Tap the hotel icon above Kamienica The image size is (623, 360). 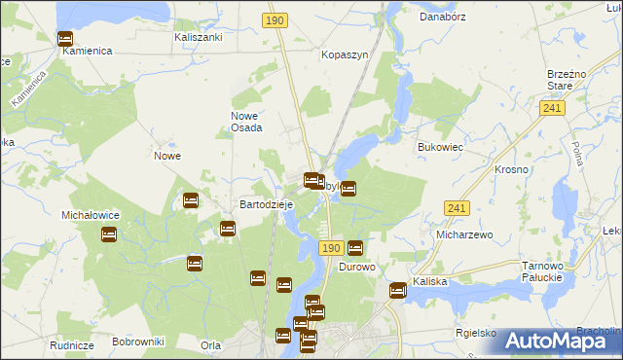[x=65, y=39]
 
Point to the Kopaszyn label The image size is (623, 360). [x=345, y=55]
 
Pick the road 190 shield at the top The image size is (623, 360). [x=275, y=19]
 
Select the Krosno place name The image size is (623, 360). [x=511, y=169]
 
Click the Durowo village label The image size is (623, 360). [x=357, y=267]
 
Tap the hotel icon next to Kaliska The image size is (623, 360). [x=398, y=289]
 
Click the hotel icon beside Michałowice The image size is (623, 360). [x=109, y=234]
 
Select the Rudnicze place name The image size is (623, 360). [x=72, y=345]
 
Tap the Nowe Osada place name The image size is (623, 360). [x=246, y=122]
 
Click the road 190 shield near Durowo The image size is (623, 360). [x=330, y=249]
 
